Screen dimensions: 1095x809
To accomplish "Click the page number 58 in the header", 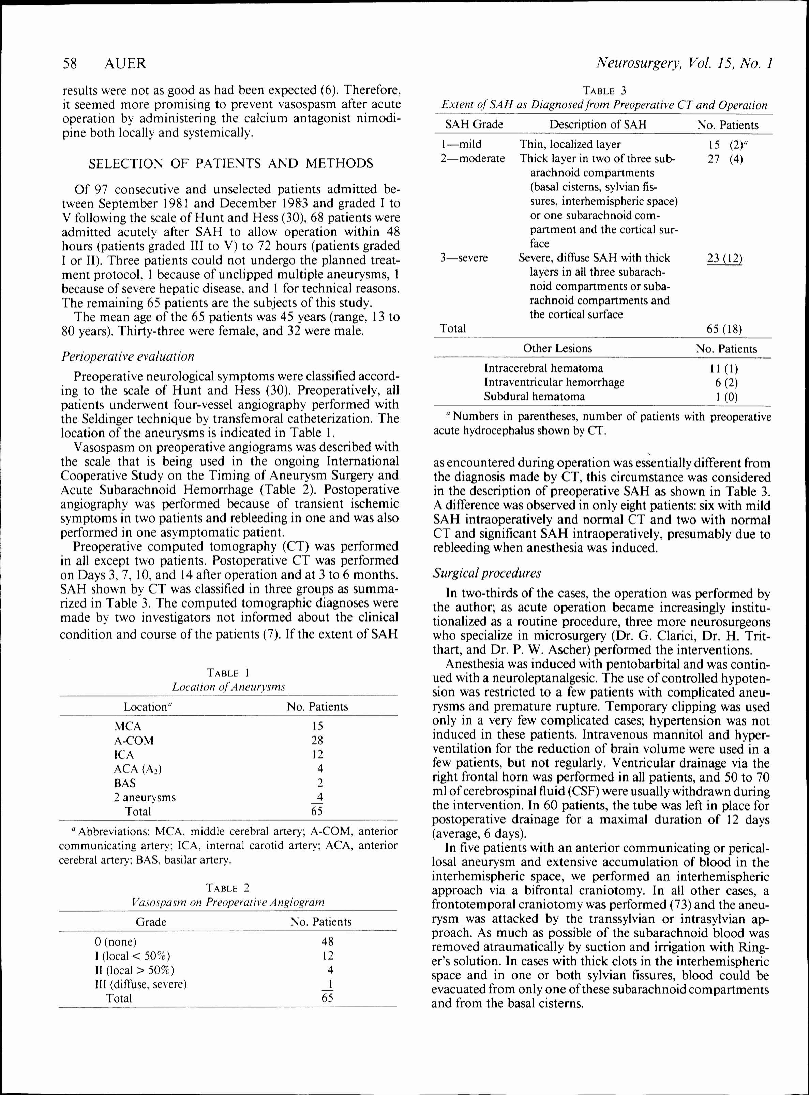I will pos(70,63).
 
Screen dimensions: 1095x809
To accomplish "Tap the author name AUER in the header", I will pos(125,63).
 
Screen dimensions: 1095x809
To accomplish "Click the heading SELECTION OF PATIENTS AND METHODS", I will pos(231,163).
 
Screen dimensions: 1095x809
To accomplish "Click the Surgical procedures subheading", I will pos(487,573).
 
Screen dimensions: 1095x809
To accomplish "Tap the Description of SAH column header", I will pos(597,125).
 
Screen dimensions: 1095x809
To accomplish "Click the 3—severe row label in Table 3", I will pos(463,258).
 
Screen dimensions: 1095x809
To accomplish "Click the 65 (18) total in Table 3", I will pos(724,329).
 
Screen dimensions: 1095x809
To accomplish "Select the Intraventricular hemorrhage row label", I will pos(554,382).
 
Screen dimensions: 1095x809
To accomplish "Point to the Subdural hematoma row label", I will pos(534,396).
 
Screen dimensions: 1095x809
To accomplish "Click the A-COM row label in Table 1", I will pos(134,740).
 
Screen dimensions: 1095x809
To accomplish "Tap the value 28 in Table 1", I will pos(317,740).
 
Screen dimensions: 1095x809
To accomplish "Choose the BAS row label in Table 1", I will pos(125,783).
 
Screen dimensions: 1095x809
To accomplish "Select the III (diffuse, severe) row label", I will pos(140,984).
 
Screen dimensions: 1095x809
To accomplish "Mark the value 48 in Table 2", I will pos(327,941).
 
